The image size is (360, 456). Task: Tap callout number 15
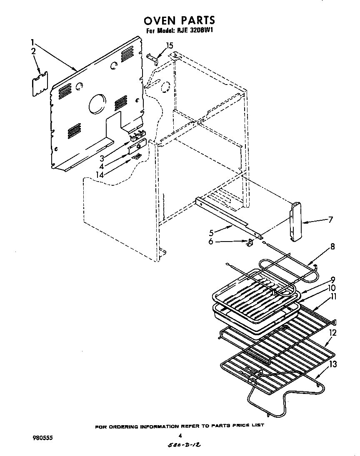point(169,46)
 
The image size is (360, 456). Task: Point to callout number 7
point(330,219)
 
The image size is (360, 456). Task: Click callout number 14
point(100,175)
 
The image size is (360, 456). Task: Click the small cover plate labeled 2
point(40,85)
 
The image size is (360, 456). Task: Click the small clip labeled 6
point(250,243)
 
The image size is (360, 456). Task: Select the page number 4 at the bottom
point(180,436)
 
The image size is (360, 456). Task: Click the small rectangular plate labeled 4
point(137,147)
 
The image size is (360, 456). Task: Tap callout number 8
point(332,246)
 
